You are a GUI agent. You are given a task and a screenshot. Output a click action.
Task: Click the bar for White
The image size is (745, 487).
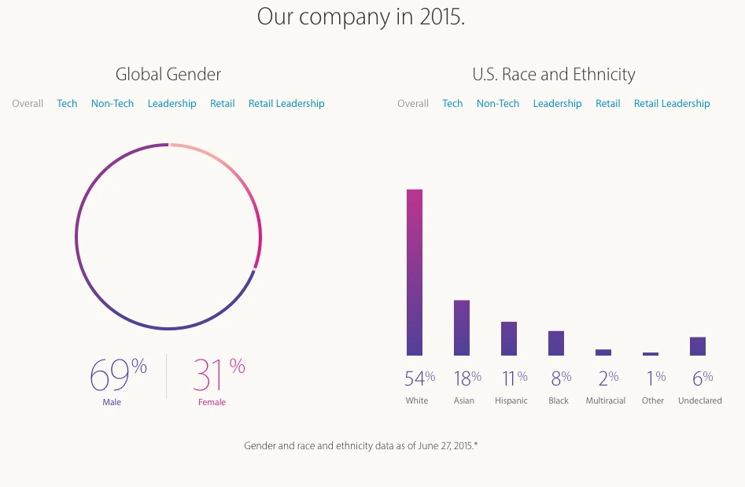(x=415, y=272)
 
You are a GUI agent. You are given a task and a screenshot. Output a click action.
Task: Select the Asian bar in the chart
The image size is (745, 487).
(x=462, y=327)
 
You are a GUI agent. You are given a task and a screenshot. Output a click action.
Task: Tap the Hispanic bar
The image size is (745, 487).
(x=509, y=338)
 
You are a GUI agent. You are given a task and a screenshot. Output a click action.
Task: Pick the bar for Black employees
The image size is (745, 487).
(x=556, y=343)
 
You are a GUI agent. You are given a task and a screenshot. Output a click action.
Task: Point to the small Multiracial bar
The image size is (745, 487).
(x=603, y=352)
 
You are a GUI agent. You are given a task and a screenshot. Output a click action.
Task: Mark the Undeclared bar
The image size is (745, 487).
(x=698, y=346)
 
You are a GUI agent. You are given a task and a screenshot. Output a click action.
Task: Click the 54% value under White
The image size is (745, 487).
(x=419, y=378)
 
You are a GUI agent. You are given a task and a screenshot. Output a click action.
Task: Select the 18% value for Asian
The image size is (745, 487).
(x=467, y=378)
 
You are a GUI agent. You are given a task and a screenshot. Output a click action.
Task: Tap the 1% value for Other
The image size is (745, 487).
(x=655, y=378)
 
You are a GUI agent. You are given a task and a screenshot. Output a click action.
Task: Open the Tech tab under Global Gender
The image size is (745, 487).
(x=67, y=104)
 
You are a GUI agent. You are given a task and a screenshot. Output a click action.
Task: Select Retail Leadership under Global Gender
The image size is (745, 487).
(x=286, y=104)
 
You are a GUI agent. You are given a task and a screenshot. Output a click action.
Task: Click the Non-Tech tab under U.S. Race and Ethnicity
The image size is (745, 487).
(x=498, y=104)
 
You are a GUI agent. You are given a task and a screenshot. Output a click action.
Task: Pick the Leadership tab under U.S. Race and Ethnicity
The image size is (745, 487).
(x=557, y=104)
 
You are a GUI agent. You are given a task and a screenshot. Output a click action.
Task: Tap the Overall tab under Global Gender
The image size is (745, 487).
(x=28, y=104)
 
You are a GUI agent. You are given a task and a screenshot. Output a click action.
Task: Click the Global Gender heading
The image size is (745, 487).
(x=168, y=75)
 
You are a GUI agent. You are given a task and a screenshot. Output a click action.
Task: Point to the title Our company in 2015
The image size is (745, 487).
(x=361, y=17)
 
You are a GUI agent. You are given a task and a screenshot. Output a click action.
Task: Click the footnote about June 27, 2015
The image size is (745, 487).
(x=361, y=446)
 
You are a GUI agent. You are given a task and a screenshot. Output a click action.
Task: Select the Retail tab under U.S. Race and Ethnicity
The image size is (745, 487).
(x=607, y=104)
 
